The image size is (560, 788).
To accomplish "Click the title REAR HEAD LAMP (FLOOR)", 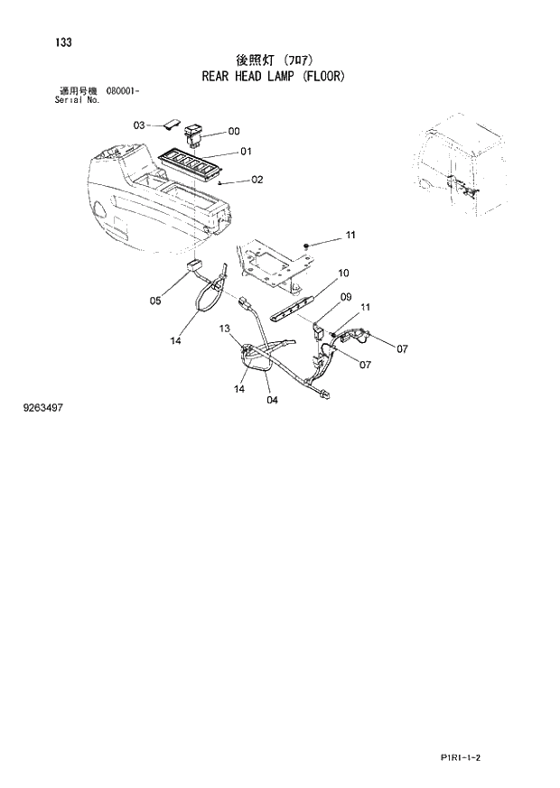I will tap(274, 77).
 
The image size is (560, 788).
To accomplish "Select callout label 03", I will tap(139, 125).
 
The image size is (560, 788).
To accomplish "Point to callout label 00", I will tap(234, 131).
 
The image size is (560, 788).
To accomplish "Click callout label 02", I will tap(257, 180).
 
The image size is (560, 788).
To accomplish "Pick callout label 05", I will tap(154, 301).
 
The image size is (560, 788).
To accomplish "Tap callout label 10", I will tap(343, 273).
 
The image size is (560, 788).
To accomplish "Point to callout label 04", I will tap(272, 400).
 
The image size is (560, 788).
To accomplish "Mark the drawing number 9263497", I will tap(42, 408).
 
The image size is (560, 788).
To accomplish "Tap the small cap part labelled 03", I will tap(172, 125).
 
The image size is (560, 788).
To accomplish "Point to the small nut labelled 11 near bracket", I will tap(308, 245).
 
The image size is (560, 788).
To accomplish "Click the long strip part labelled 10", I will tap(294, 310).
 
